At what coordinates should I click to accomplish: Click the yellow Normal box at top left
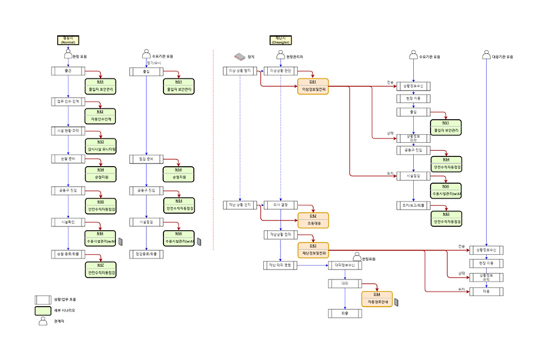click(67, 41)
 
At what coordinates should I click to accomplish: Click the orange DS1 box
click(313, 86)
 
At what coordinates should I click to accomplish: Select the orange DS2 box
click(313, 220)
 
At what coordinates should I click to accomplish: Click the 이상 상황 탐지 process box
click(239, 71)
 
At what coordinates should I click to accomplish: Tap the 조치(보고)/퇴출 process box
click(412, 205)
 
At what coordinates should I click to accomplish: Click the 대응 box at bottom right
click(485, 292)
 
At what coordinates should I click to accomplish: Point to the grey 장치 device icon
click(239, 56)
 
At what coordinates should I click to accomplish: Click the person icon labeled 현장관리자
click(280, 56)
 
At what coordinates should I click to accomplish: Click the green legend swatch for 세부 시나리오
click(44, 311)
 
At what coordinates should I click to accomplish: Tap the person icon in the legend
click(44, 322)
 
